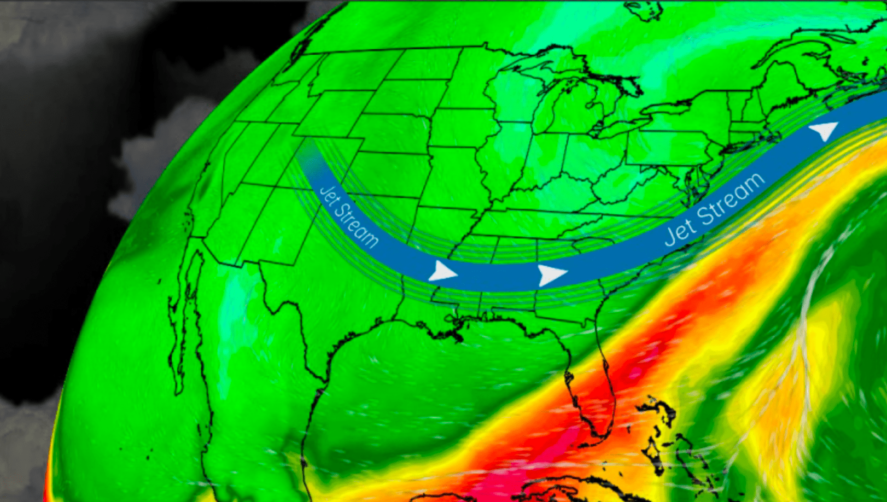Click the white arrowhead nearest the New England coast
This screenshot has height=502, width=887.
pos(823,131)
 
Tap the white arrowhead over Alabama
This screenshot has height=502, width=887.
pos(551,274)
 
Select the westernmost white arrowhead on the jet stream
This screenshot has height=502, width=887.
pos(442,271)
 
